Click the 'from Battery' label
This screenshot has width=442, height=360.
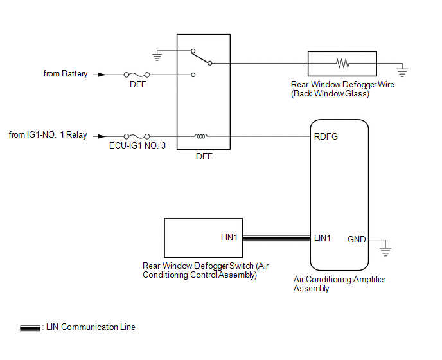click(x=66, y=74)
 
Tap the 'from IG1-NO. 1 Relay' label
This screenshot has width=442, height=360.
click(x=48, y=135)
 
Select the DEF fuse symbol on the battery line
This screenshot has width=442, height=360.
click(x=137, y=75)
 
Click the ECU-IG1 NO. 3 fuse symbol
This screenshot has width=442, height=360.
click(x=137, y=136)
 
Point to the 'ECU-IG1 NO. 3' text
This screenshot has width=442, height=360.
click(x=137, y=147)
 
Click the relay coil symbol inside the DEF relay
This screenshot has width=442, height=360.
click(x=201, y=136)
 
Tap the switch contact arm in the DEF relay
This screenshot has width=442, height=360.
click(x=201, y=57)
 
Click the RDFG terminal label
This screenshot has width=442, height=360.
click(x=326, y=136)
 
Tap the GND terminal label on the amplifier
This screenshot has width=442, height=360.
click(x=357, y=239)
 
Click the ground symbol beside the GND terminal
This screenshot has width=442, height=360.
click(x=385, y=249)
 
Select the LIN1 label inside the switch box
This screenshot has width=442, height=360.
click(x=229, y=238)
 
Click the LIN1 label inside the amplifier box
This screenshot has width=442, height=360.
click(x=323, y=238)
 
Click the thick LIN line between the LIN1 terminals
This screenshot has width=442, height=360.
click(x=275, y=239)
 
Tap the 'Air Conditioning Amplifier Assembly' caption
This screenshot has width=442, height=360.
click(x=339, y=283)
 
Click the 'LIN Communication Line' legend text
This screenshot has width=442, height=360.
click(x=89, y=327)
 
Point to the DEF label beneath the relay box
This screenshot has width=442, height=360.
click(x=203, y=156)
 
